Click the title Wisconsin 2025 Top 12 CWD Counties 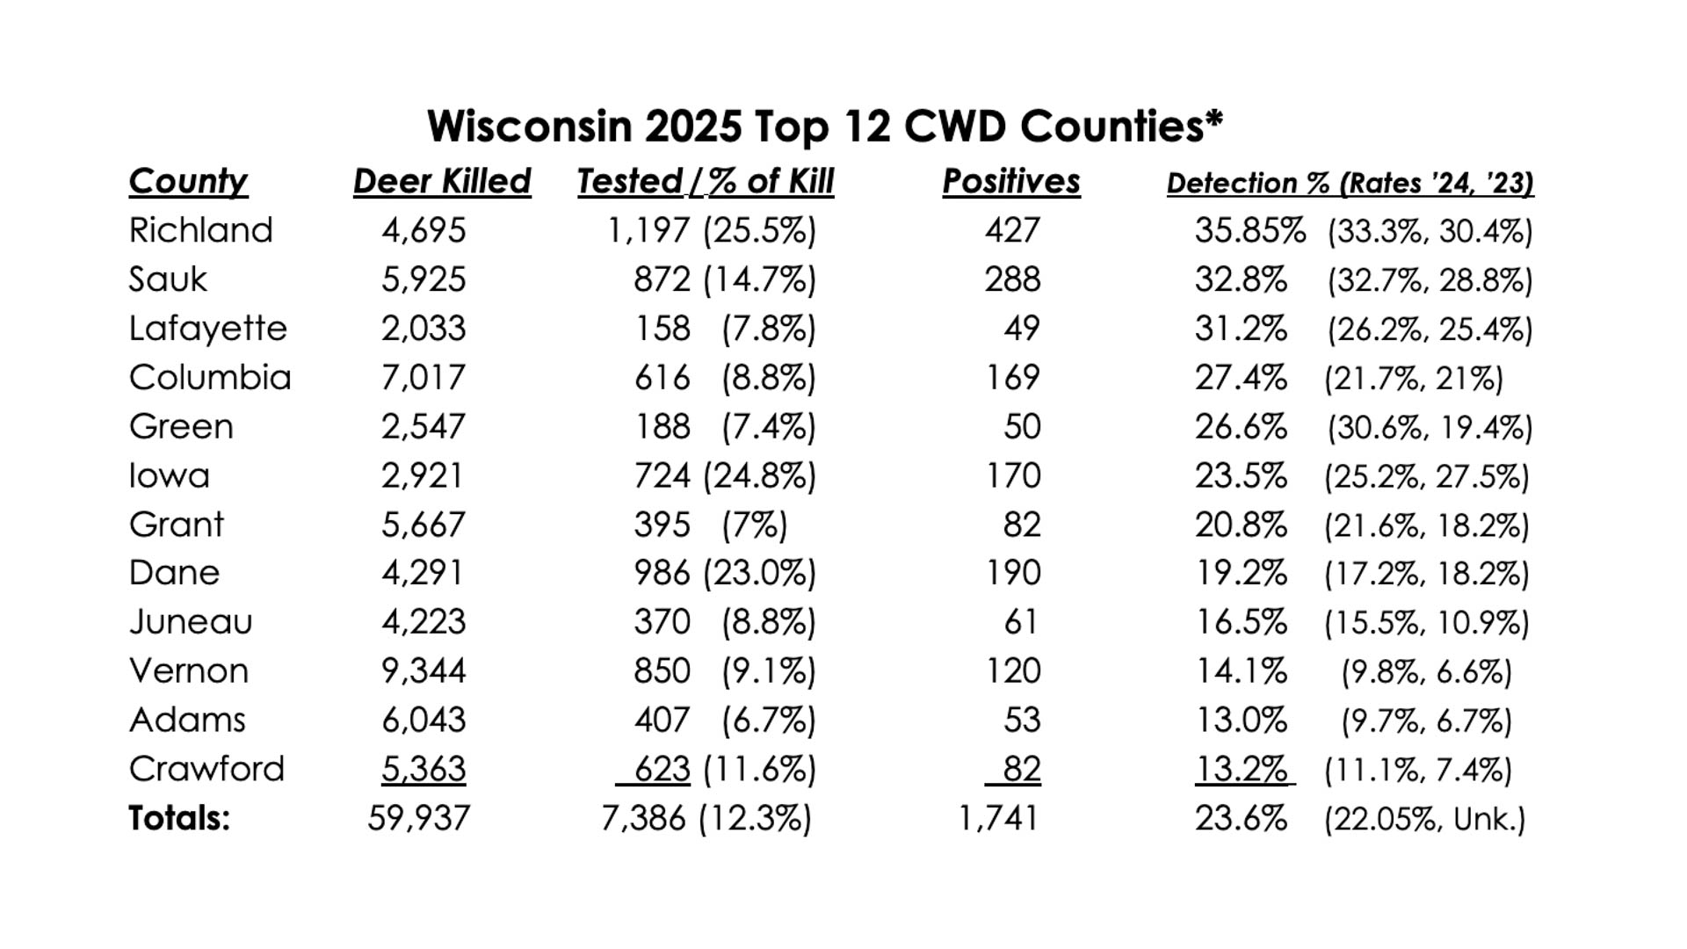[x=824, y=127]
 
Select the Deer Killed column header [x=442, y=182]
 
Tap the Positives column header [x=1011, y=182]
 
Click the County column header [x=188, y=182]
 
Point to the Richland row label [x=200, y=230]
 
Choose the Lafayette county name [x=207, y=329]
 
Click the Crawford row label [x=206, y=769]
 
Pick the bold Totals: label [x=179, y=818]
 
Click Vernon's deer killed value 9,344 [x=424, y=671]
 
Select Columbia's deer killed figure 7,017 [x=423, y=378]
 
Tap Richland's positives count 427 [x=1012, y=230]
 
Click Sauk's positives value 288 [x=1012, y=279]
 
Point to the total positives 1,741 [x=998, y=818]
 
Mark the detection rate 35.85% [x=1249, y=230]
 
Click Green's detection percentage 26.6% [x=1241, y=427]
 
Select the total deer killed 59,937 [x=418, y=818]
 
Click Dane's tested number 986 [x=662, y=573]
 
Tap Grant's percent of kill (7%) [x=755, y=525]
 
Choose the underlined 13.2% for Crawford [x=1241, y=769]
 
